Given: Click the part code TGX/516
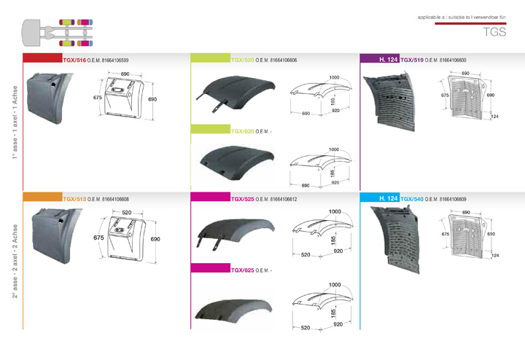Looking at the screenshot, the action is click(x=74, y=60).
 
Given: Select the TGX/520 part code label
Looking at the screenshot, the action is click(x=242, y=60).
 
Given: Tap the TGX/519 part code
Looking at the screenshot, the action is click(x=412, y=60).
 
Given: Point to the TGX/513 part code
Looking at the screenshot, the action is click(x=74, y=199).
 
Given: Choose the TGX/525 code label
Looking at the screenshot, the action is click(x=242, y=199).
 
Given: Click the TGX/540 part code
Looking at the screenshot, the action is click(x=412, y=199).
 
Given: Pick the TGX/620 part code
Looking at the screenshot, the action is click(x=242, y=131).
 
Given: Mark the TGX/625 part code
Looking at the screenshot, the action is click(x=242, y=270).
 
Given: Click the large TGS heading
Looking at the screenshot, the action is click(x=494, y=32).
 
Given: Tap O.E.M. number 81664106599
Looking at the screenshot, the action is click(x=115, y=60).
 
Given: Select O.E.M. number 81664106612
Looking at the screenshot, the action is click(x=283, y=200).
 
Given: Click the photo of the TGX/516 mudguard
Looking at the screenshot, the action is click(x=50, y=98).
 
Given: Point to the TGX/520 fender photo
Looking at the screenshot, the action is click(x=236, y=94).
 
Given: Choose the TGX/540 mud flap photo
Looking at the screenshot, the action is click(x=395, y=239).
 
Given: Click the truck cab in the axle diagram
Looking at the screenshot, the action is click(x=31, y=33).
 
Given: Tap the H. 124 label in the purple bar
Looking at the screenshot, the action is click(x=389, y=60).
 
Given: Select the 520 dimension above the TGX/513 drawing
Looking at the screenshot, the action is click(x=127, y=213).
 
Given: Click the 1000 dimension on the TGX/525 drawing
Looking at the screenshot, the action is click(x=335, y=212).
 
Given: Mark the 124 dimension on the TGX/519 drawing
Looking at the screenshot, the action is click(x=494, y=117).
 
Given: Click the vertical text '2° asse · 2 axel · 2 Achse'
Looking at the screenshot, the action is click(x=15, y=261).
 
